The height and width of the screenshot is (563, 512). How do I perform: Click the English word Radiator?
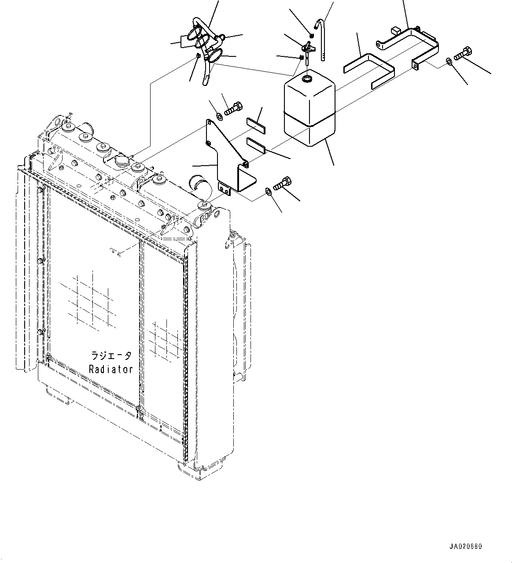pos(111,369)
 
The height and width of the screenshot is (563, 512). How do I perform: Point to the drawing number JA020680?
pos(466,546)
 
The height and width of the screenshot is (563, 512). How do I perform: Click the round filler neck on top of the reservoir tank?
pos(307,79)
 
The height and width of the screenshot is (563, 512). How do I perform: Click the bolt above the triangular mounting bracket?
pos(232,108)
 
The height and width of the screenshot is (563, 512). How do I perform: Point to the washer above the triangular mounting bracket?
pos(219,116)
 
